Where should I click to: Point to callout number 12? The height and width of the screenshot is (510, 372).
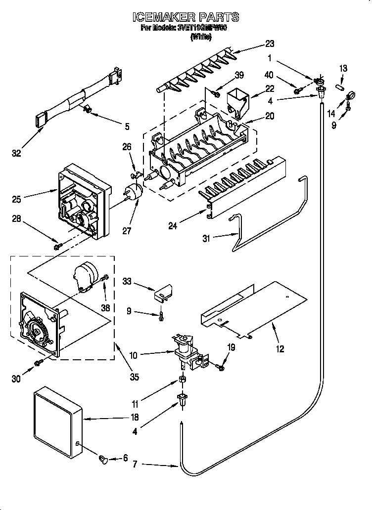pos(280,349)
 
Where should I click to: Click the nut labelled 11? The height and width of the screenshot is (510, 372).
pos(182,380)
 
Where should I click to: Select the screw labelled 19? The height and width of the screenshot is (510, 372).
pos(220,366)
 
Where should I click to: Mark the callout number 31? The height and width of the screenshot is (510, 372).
pos(206,238)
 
